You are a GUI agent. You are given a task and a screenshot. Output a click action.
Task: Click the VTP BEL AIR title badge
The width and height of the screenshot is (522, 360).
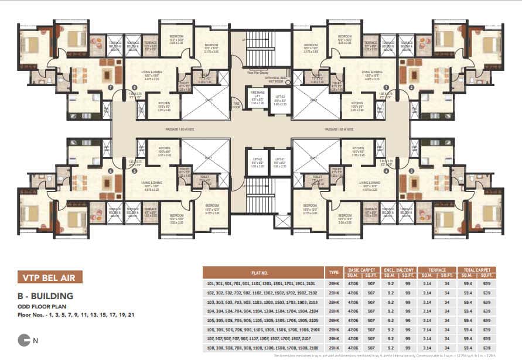click(x=50, y=277)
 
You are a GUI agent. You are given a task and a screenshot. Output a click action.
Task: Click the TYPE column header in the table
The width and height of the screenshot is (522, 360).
click(x=334, y=272)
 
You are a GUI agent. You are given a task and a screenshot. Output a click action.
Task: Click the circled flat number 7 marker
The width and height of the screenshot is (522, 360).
click(x=110, y=87)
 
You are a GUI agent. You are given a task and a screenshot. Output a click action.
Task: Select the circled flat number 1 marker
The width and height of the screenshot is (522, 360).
click(x=386, y=87)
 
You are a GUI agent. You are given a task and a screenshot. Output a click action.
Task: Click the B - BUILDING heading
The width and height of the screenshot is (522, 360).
click(x=45, y=296)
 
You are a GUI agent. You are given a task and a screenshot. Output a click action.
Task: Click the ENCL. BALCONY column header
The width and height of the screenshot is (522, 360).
click(x=401, y=270)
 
